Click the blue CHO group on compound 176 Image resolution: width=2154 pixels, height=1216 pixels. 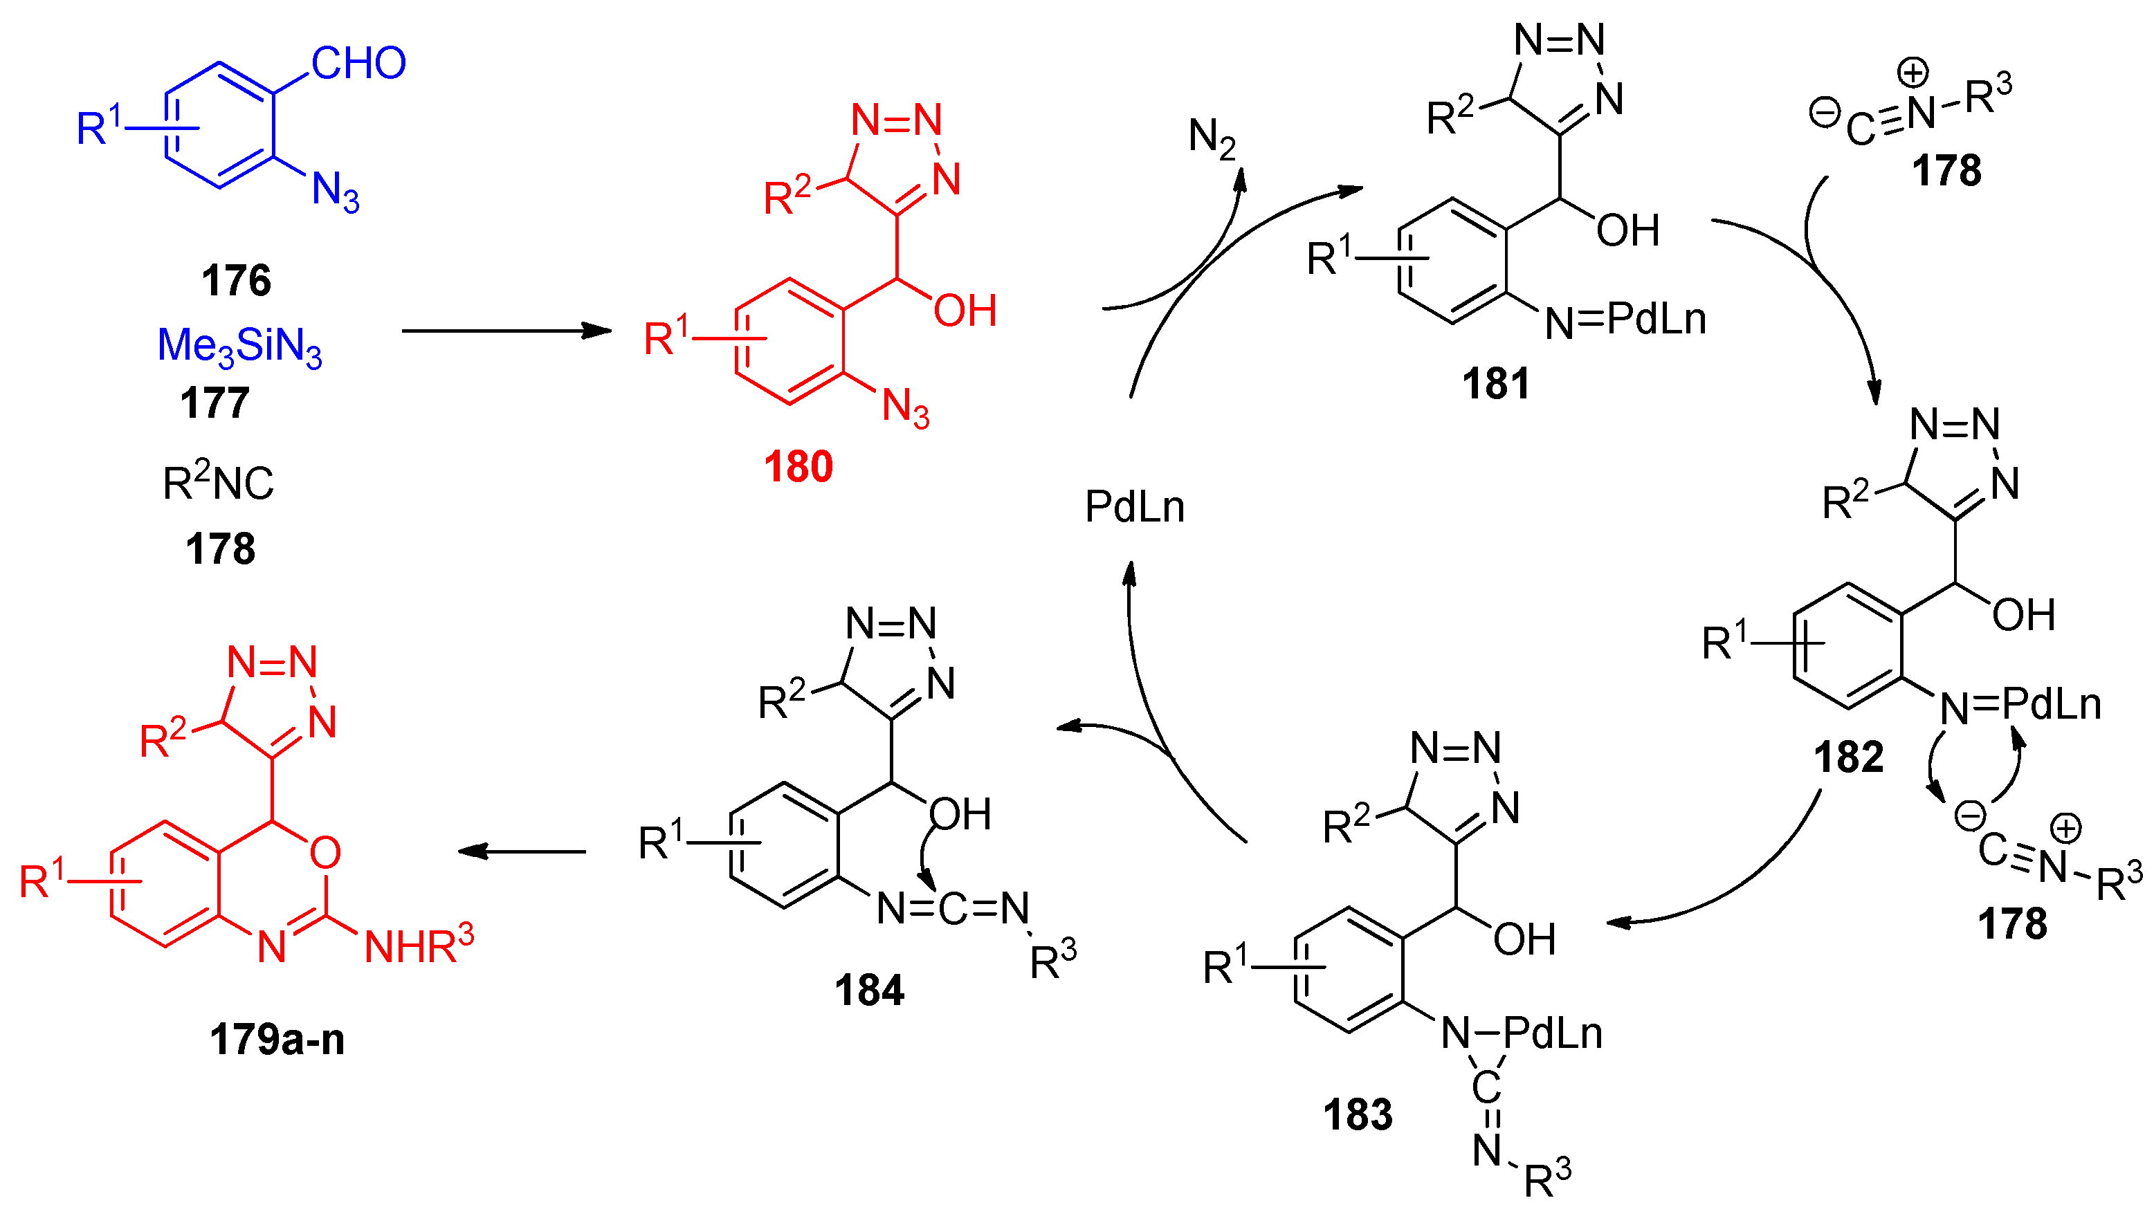[x=358, y=64]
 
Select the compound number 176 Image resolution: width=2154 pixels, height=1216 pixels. [x=236, y=280]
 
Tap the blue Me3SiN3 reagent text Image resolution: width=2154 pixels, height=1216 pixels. [x=239, y=346]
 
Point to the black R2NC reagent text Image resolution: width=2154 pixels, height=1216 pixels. [x=218, y=482]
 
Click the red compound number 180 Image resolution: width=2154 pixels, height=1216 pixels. [x=798, y=466]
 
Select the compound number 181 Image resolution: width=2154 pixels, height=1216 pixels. [x=1496, y=384]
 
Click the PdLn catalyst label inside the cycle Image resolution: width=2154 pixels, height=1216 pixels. [x=1135, y=506]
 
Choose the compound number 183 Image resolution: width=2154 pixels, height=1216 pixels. [x=1358, y=1114]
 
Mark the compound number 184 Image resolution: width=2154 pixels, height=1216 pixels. [x=869, y=991]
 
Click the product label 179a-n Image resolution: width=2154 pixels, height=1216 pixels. [x=277, y=1040]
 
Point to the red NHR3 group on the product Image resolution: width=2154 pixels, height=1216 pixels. [x=419, y=946]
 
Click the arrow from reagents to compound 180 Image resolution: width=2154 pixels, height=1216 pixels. [x=506, y=331]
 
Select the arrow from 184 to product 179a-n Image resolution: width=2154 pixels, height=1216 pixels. [x=522, y=851]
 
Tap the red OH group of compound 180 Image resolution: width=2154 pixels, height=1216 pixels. [x=965, y=311]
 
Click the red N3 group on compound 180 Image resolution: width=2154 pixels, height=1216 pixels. [x=906, y=409]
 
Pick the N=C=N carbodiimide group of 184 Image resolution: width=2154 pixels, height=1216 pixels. [x=952, y=908]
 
